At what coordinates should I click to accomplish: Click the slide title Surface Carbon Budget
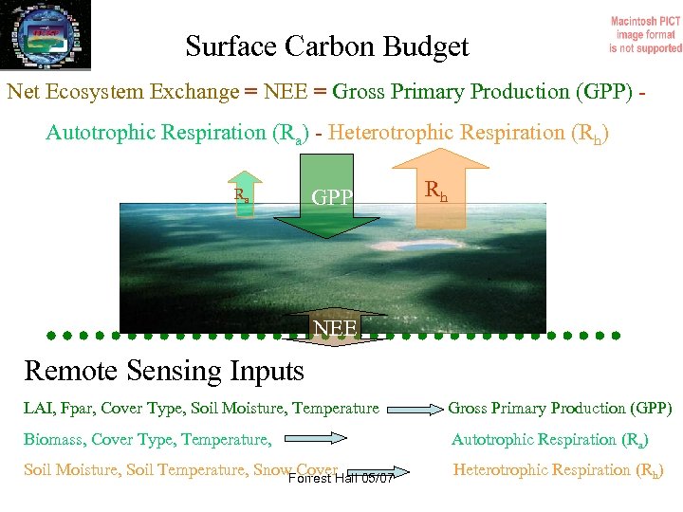pyautogui.click(x=327, y=46)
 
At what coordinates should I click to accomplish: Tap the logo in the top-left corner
pyautogui.click(x=46, y=33)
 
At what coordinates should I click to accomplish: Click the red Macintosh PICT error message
pyautogui.click(x=645, y=34)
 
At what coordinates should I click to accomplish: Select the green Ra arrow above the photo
pyautogui.click(x=245, y=195)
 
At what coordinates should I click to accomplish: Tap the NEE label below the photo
pyautogui.click(x=336, y=328)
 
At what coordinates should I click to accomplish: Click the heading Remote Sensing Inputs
pyautogui.click(x=164, y=370)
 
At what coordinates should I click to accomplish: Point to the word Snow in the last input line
pyautogui.click(x=273, y=469)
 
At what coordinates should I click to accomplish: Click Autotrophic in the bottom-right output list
pyautogui.click(x=499, y=439)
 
